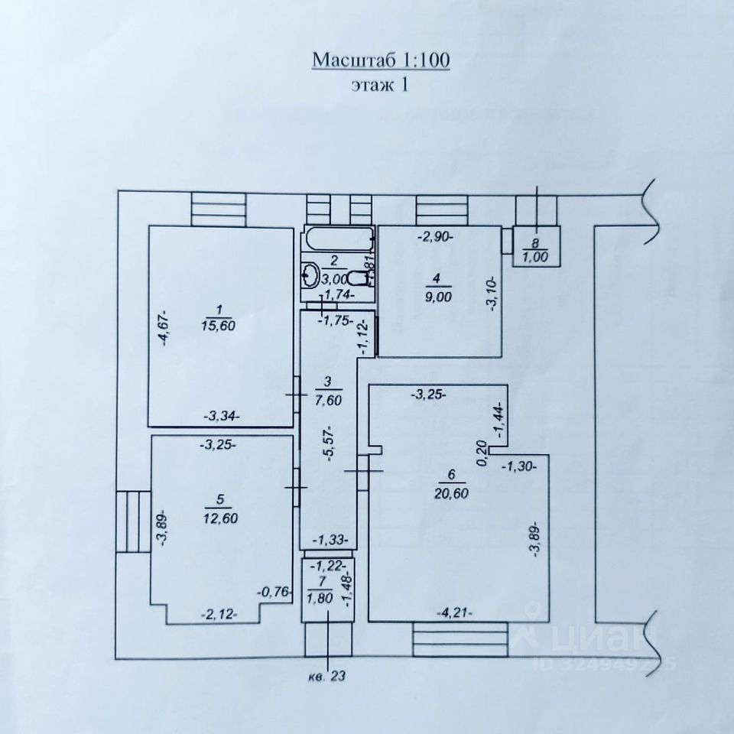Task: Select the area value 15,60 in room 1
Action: coord(219,325)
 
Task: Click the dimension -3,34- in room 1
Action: coord(222,416)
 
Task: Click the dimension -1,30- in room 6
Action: coord(520,464)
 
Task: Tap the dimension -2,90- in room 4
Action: coord(435,236)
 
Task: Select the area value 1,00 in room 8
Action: coord(540,257)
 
